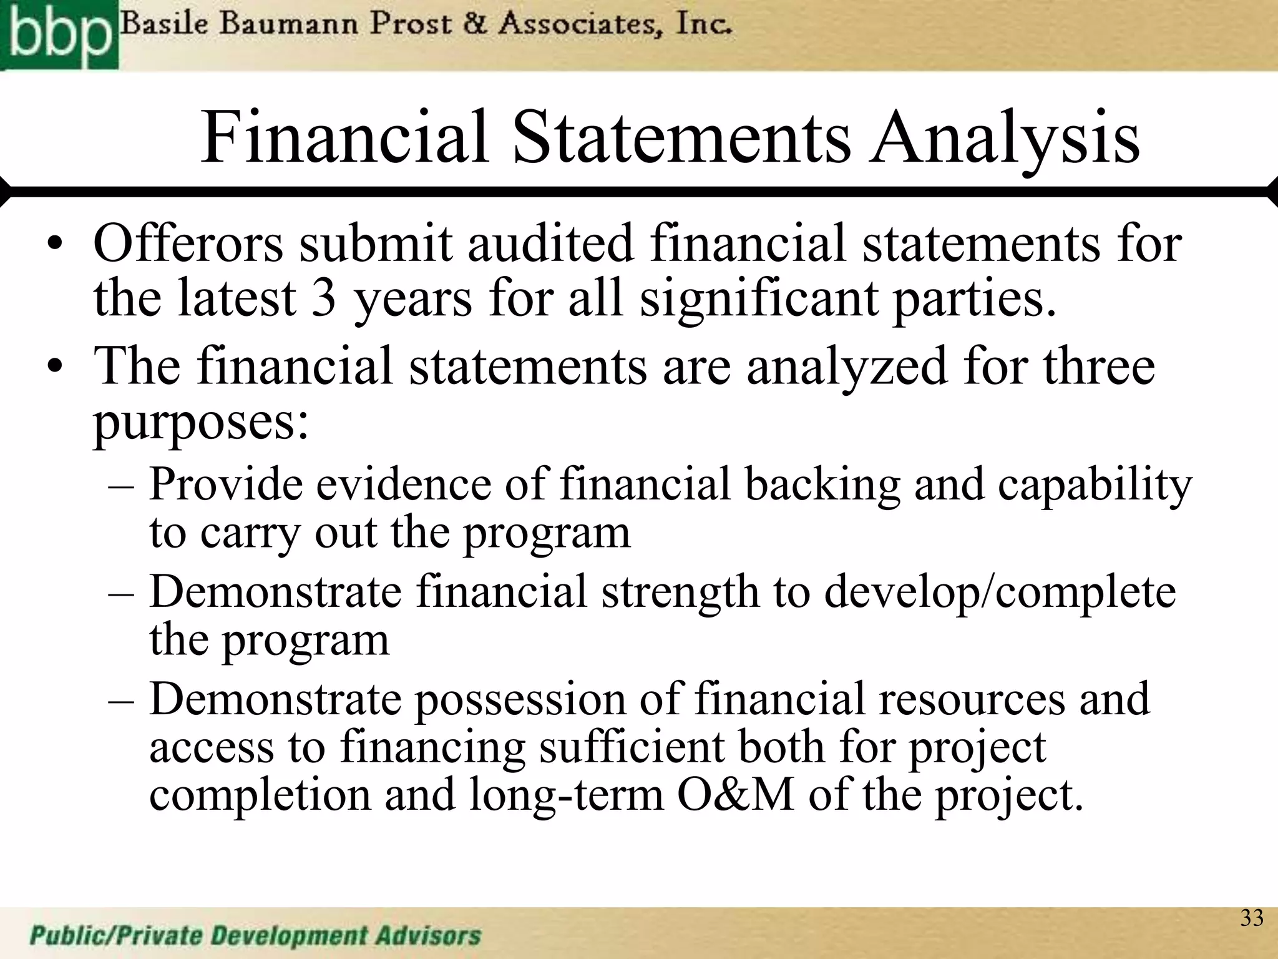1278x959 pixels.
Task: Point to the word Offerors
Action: click(188, 243)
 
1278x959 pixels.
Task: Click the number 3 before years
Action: click(324, 298)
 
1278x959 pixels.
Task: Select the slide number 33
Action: click(1251, 918)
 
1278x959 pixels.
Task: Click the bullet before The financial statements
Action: click(56, 368)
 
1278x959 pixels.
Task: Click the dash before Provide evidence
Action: click(121, 486)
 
